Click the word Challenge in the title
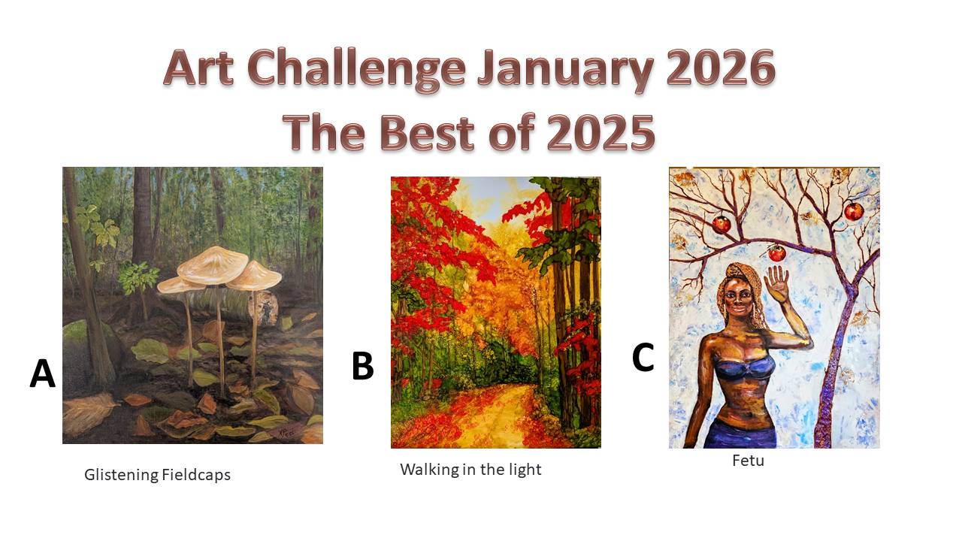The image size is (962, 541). point(356,68)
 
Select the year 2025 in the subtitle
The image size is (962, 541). point(600,132)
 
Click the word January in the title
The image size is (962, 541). point(565,70)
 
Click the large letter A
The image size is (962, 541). point(43,373)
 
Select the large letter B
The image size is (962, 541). point(362,366)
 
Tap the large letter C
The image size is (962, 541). point(643,357)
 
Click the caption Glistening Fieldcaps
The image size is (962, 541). point(157,475)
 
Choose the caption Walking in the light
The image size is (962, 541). point(470,470)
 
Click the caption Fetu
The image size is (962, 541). point(748,461)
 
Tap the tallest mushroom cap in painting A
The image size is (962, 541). point(213,265)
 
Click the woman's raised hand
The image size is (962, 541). point(777,283)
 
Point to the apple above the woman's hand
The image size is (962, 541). point(776,253)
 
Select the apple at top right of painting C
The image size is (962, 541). point(855,212)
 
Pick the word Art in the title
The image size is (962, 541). point(199,68)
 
